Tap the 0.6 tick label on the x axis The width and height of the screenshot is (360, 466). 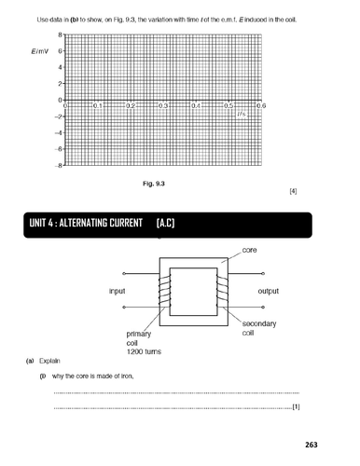260,106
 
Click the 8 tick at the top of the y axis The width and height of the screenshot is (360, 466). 60,34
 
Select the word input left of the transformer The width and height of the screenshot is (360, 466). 118,292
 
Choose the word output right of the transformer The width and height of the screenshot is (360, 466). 261,292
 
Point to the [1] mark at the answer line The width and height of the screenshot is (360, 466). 296,407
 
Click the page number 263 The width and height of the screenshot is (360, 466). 297,445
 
